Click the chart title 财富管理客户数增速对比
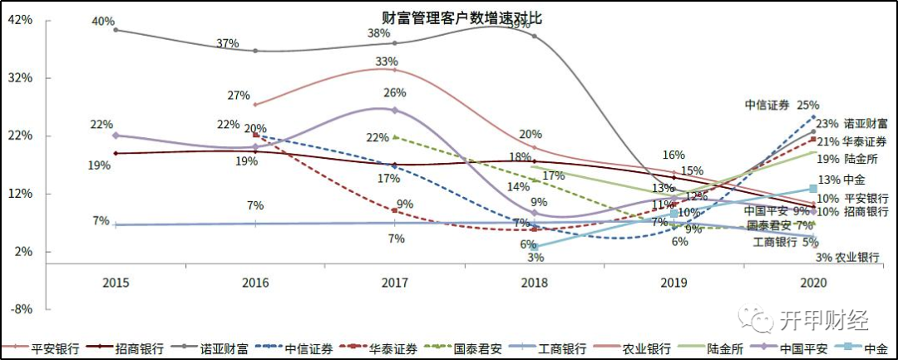[x=449, y=17]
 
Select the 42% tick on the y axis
[x=20, y=20]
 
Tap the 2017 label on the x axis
[x=394, y=283]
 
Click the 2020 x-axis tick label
[x=813, y=283]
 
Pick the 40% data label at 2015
[x=103, y=22]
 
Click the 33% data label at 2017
[x=387, y=62]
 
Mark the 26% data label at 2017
[x=394, y=93]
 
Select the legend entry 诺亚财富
[x=225, y=349]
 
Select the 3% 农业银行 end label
[x=846, y=258]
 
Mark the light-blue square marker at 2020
[x=813, y=189]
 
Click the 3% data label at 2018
[x=535, y=258]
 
